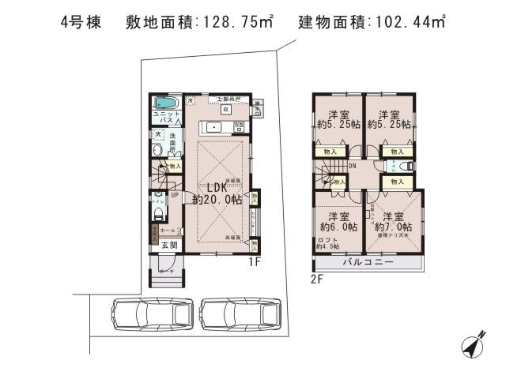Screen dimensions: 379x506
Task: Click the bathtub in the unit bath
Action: pyautogui.click(x=165, y=103)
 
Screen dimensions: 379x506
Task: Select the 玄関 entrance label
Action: pyautogui.click(x=169, y=245)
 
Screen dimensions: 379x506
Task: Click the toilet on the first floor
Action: pyautogui.click(x=157, y=201)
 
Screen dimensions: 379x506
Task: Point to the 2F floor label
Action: pyautogui.click(x=317, y=278)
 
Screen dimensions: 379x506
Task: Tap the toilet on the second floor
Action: pyautogui.click(x=402, y=167)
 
